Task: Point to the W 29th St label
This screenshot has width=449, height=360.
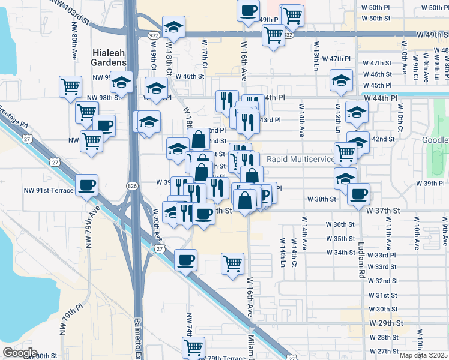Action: click(385, 323)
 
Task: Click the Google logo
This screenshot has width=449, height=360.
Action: click(20, 353)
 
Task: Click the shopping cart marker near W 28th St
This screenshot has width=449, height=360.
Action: click(194, 347)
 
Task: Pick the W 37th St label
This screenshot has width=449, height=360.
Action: click(385, 211)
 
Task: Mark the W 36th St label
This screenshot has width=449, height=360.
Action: click(349, 224)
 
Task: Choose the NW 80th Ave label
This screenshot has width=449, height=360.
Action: click(74, 42)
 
